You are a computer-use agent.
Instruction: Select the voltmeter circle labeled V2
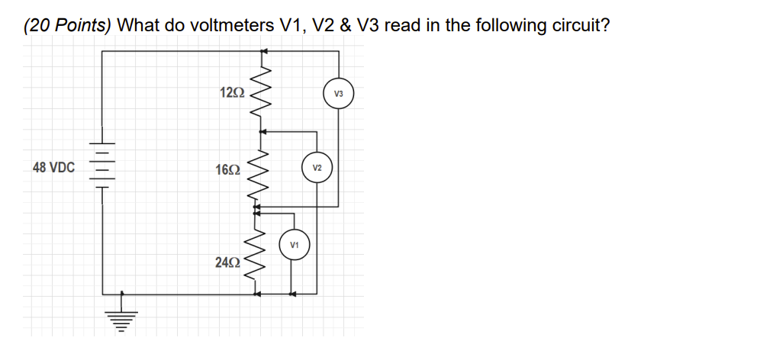317,168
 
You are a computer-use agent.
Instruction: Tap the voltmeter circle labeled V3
339,94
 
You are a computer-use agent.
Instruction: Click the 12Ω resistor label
231,93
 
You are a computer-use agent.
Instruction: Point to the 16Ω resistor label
229,169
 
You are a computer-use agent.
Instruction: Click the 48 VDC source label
53,167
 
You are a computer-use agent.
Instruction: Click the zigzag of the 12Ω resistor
262,92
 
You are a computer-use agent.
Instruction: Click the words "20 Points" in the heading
68,25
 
